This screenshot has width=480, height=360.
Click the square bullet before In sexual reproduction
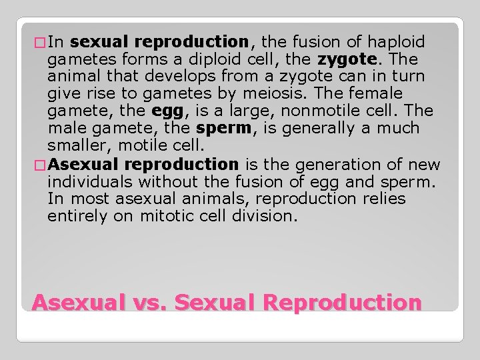coord(40,43)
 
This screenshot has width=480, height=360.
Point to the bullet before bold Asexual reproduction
coord(40,164)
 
